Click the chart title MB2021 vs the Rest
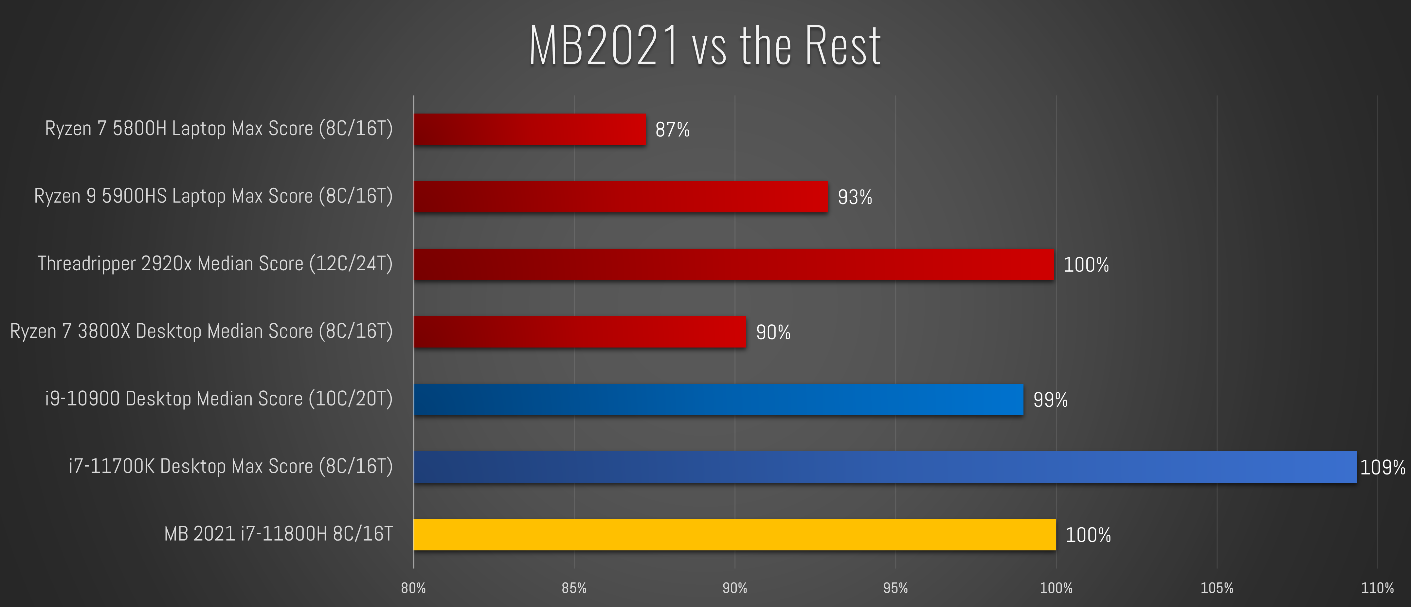click(704, 46)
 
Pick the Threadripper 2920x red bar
click(734, 265)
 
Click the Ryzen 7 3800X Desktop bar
click(580, 332)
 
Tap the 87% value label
click(672, 130)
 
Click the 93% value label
click(855, 197)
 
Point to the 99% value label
click(1050, 400)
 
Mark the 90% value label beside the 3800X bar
click(773, 332)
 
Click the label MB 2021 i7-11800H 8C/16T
click(278, 534)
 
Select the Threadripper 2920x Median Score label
click(215, 263)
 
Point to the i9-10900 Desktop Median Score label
click(219, 399)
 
